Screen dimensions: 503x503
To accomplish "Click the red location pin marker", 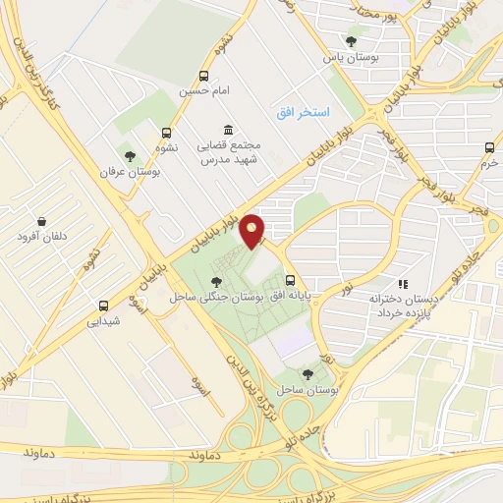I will [254, 231].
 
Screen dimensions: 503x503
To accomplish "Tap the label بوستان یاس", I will [351, 58].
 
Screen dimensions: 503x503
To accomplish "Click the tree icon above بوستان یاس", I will [351, 41].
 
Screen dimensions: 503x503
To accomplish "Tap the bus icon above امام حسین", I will [203, 75].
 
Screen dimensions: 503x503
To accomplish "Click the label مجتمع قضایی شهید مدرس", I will [228, 153].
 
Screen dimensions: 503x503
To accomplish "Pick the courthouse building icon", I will [228, 131].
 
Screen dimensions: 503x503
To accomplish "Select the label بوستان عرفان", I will [128, 172].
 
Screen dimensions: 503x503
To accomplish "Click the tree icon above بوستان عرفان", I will [129, 154].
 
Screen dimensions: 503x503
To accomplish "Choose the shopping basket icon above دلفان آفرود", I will [41, 221].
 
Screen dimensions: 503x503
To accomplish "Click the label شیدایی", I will [102, 320].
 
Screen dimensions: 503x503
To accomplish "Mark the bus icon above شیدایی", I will [103, 304].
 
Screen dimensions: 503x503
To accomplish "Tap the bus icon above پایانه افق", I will [289, 280].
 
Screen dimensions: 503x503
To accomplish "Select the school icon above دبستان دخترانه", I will [402, 280].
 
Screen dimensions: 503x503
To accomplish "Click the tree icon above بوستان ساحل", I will [307, 373].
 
